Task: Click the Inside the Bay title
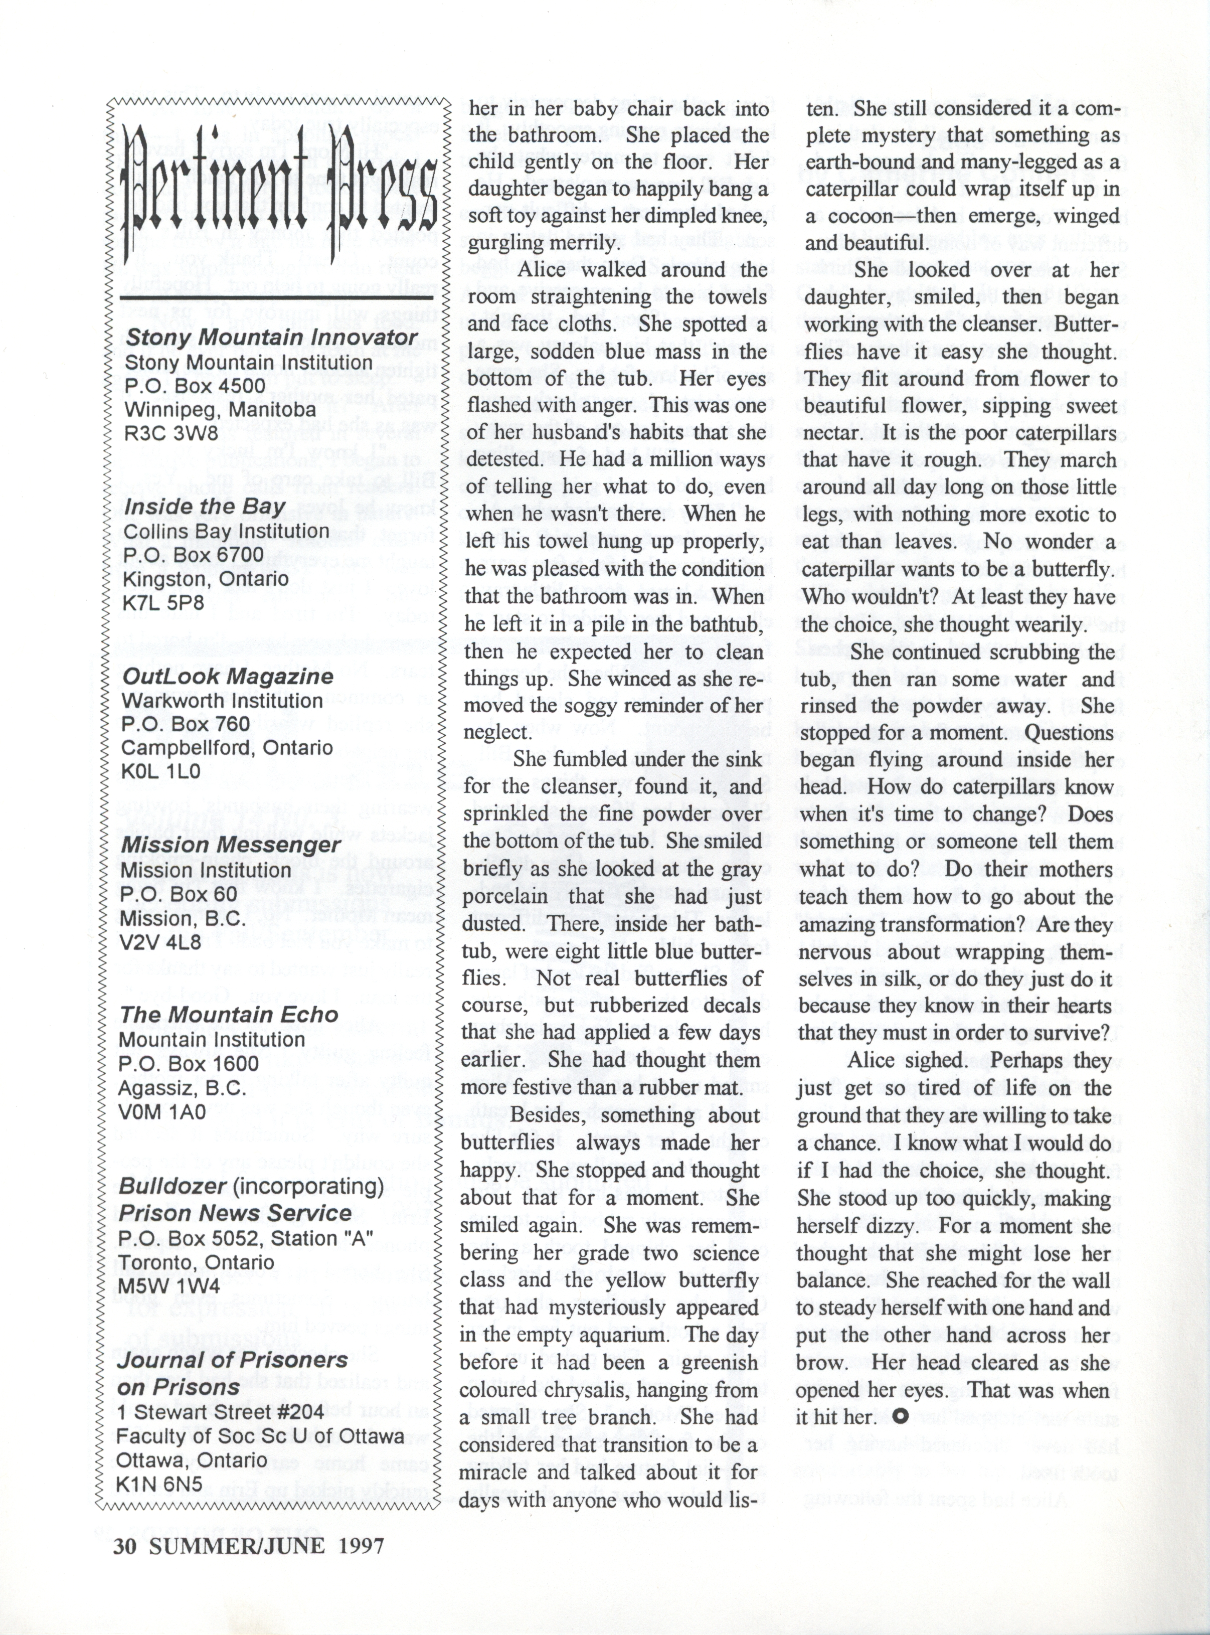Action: tap(205, 507)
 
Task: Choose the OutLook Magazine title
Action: tap(227, 676)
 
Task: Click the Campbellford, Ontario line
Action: tap(227, 748)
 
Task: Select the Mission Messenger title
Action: tap(230, 846)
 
